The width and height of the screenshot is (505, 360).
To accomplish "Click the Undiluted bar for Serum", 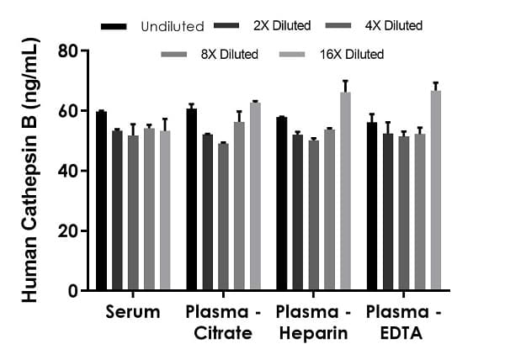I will tap(101, 201).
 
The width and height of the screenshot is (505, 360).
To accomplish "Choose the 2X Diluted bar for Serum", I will tap(117, 210).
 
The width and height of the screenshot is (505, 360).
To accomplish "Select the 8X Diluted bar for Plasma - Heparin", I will tap(329, 210).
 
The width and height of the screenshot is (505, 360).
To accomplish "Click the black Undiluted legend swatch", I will tap(112, 26).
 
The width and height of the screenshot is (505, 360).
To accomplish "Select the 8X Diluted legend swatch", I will tap(173, 55).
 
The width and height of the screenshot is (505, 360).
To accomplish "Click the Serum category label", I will tap(133, 313).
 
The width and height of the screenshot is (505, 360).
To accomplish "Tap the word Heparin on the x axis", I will tap(312, 333).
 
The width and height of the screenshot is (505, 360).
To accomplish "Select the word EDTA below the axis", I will tap(402, 333).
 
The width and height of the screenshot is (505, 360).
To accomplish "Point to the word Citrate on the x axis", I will tap(223, 333).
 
